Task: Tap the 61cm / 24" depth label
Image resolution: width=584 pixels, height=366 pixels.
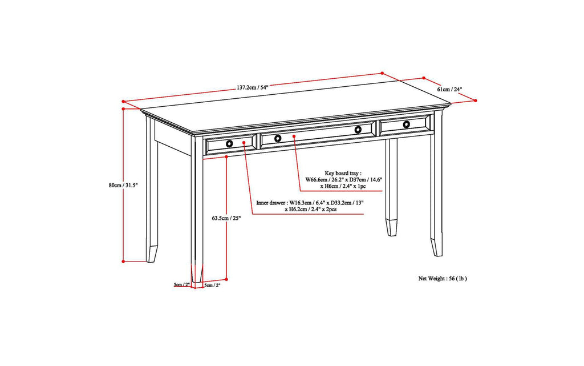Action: point(449,90)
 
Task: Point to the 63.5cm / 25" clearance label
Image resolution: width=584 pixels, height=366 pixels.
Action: point(226,218)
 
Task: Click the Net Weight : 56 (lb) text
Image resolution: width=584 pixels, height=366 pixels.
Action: point(443,279)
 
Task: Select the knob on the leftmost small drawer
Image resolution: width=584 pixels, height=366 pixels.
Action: point(229,143)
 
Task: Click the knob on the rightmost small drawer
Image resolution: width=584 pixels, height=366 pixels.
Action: point(406,124)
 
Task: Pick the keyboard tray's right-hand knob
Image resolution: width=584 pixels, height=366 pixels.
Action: point(358,130)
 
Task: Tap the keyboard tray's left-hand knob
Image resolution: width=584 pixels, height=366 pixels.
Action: point(278,138)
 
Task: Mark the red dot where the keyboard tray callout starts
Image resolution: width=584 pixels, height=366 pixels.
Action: point(294,136)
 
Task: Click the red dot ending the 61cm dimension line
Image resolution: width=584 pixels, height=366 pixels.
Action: point(476,100)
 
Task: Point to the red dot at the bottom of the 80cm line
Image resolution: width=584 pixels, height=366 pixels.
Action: point(124,262)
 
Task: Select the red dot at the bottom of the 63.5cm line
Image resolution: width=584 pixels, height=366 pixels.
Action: point(227,279)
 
